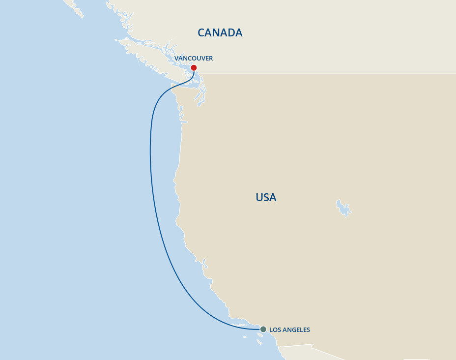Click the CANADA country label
pyautogui.click(x=220, y=32)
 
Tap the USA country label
pyautogui.click(x=266, y=198)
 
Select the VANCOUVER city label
pyautogui.click(x=194, y=59)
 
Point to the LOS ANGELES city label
pyautogui.click(x=289, y=330)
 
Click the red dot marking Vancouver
pyautogui.click(x=194, y=68)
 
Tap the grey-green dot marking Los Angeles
pyautogui.click(x=263, y=329)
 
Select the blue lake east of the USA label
pyautogui.click(x=343, y=209)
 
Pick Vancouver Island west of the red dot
pyautogui.click(x=147, y=54)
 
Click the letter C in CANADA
pyautogui.click(x=201, y=32)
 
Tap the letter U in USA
pyautogui.click(x=259, y=198)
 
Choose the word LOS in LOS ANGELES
pyautogui.click(x=275, y=330)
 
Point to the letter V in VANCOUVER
pyautogui.click(x=176, y=59)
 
